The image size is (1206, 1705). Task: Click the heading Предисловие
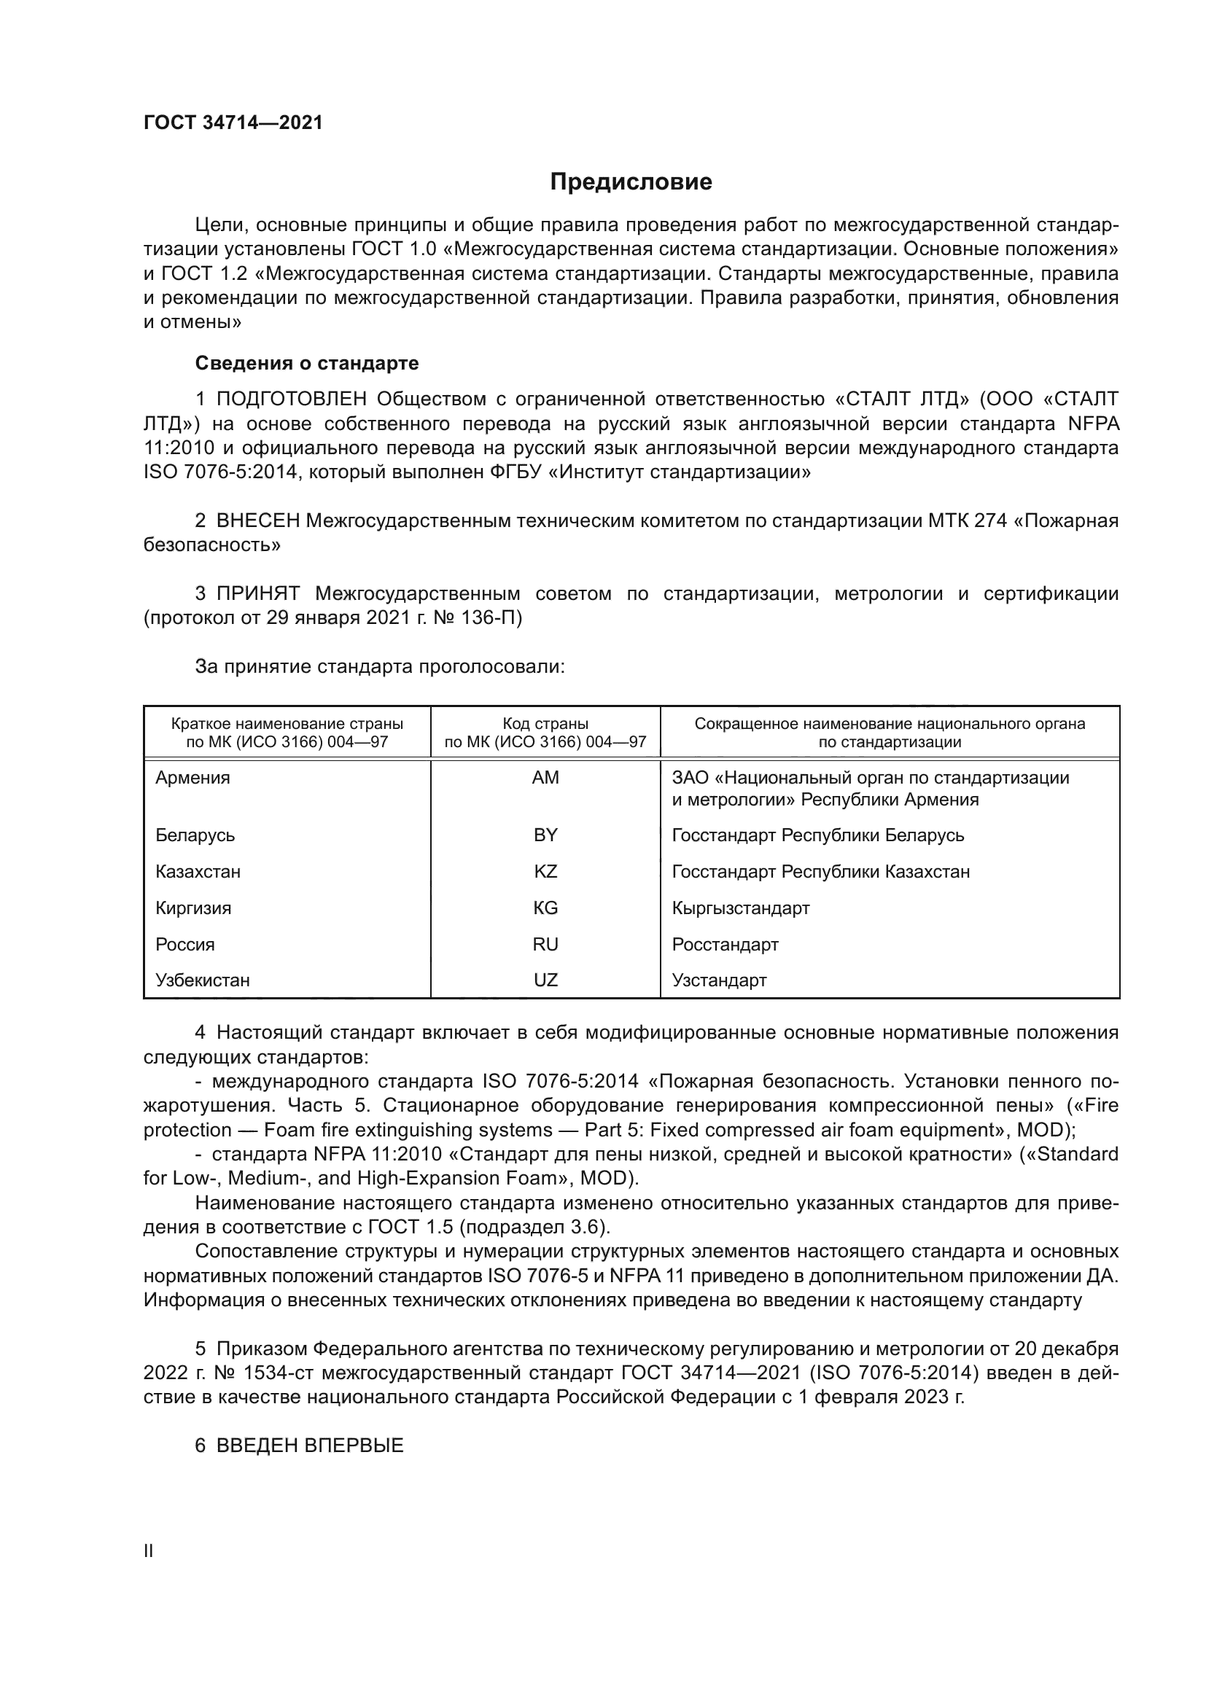coord(631,182)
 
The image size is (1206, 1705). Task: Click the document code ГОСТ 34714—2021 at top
coord(233,123)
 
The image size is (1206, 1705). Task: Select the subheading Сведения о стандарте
coord(307,363)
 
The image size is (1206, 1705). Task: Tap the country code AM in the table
coord(545,778)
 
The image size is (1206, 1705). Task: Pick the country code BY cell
coord(545,835)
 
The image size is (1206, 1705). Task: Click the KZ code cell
coord(545,871)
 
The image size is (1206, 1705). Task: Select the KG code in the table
coord(545,908)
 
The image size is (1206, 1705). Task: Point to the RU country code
coord(545,944)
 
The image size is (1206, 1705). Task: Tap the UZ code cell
coord(545,980)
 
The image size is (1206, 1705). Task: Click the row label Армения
coord(192,778)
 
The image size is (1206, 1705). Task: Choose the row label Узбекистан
coord(202,980)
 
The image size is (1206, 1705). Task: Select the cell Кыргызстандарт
coord(740,908)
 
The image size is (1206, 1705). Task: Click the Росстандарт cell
coord(725,944)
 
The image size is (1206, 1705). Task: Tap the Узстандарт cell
coord(719,980)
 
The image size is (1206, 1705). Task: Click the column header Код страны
coord(545,723)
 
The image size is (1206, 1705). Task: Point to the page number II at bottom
coord(148,1550)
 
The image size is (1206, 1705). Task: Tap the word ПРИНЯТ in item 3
coord(257,593)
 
